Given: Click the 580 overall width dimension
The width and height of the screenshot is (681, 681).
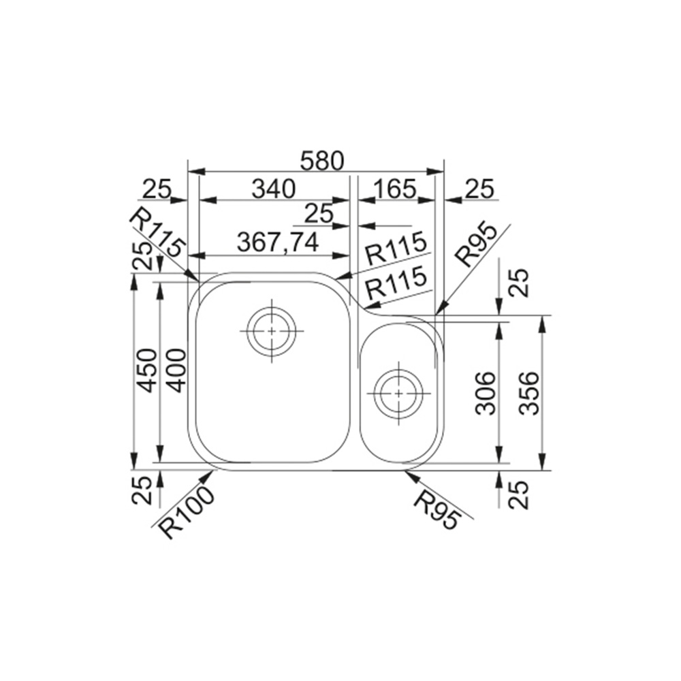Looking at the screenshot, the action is [x=322, y=161].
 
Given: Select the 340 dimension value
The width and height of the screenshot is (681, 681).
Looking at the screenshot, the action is [x=274, y=189].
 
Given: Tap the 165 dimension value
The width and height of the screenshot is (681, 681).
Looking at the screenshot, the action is [x=395, y=189].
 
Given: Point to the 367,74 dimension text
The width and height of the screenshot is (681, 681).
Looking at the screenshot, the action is [x=278, y=243].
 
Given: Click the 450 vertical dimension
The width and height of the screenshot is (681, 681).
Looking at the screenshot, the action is [x=146, y=370].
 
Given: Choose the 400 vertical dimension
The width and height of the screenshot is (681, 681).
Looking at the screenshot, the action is [x=176, y=370].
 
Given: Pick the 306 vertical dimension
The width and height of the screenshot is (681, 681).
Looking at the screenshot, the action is [x=486, y=393].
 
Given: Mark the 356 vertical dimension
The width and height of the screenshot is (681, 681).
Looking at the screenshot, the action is [x=529, y=393].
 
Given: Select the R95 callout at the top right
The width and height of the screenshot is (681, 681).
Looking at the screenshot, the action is [x=477, y=246].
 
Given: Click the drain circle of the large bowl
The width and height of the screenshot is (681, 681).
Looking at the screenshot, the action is [x=272, y=331].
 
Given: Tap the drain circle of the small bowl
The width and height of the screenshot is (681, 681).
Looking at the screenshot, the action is [x=398, y=394].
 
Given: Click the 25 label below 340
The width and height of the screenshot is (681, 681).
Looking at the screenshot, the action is [x=319, y=214].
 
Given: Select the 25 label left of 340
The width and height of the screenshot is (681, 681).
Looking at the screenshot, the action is [x=157, y=189].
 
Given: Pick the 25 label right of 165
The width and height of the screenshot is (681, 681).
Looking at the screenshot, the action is [x=479, y=189].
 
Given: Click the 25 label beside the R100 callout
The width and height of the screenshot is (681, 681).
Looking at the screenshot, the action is [x=142, y=490].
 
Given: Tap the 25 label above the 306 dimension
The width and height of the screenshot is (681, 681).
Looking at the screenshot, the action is [x=520, y=283].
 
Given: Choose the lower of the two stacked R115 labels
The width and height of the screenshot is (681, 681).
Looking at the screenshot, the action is [x=395, y=283].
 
